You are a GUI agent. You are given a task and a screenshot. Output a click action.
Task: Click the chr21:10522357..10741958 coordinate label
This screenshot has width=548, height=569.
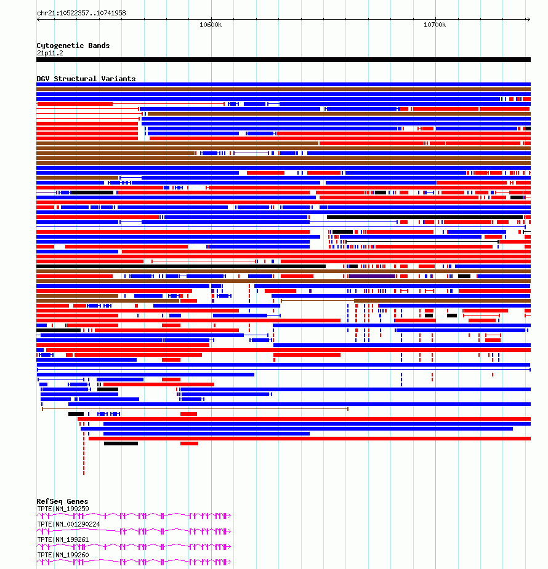(x=81, y=13)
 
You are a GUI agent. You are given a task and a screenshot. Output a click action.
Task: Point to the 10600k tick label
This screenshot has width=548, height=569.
(x=211, y=25)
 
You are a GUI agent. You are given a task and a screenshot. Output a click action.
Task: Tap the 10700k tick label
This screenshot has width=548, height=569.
(x=435, y=25)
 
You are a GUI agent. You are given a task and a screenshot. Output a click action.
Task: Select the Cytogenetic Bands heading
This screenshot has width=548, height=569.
(x=73, y=46)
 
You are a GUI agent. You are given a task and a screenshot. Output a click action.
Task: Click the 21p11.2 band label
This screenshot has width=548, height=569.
(x=49, y=53)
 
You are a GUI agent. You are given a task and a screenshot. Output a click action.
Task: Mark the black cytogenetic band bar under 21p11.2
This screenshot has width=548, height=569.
(x=283, y=60)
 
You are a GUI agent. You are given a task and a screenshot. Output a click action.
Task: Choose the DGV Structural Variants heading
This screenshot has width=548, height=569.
(x=86, y=79)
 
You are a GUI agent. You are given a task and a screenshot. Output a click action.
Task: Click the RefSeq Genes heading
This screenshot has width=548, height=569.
(x=62, y=501)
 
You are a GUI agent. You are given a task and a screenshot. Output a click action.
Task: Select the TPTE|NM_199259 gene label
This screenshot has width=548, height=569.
(x=63, y=509)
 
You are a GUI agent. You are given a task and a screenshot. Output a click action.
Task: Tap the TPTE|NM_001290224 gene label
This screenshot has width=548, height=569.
(x=68, y=524)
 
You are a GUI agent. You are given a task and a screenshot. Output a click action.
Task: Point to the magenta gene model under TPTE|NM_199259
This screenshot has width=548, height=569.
(x=134, y=515)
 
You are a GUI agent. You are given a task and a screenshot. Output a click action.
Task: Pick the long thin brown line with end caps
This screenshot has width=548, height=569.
(x=195, y=408)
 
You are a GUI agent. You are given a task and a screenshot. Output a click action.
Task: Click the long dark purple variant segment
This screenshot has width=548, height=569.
(x=373, y=276)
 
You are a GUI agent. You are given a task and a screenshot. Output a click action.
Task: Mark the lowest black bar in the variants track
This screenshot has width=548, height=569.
(x=121, y=444)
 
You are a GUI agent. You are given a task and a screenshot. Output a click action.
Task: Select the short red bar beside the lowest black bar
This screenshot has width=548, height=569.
(x=189, y=444)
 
